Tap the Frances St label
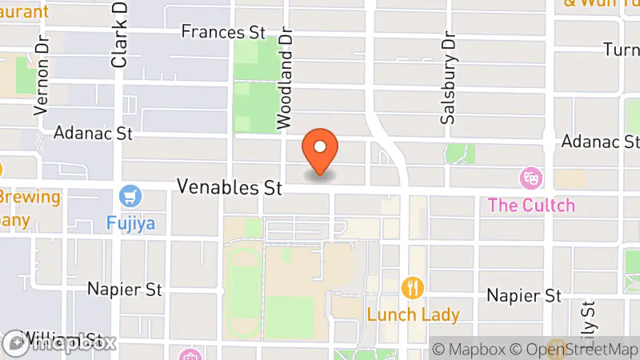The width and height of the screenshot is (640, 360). tap(222, 32)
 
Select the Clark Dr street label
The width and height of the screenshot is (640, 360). tap(120, 34)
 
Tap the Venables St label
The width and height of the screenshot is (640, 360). tap(230, 188)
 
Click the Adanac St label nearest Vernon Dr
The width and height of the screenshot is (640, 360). tap(93, 132)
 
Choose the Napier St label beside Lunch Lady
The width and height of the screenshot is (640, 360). tap(524, 295)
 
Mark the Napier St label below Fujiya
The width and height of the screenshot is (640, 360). tap(126, 288)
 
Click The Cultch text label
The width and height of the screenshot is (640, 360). tap(531, 205)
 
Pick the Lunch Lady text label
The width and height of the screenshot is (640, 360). tap(413, 314)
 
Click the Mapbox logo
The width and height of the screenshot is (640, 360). tap(59, 342)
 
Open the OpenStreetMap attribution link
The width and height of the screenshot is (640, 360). tap(574, 349)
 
